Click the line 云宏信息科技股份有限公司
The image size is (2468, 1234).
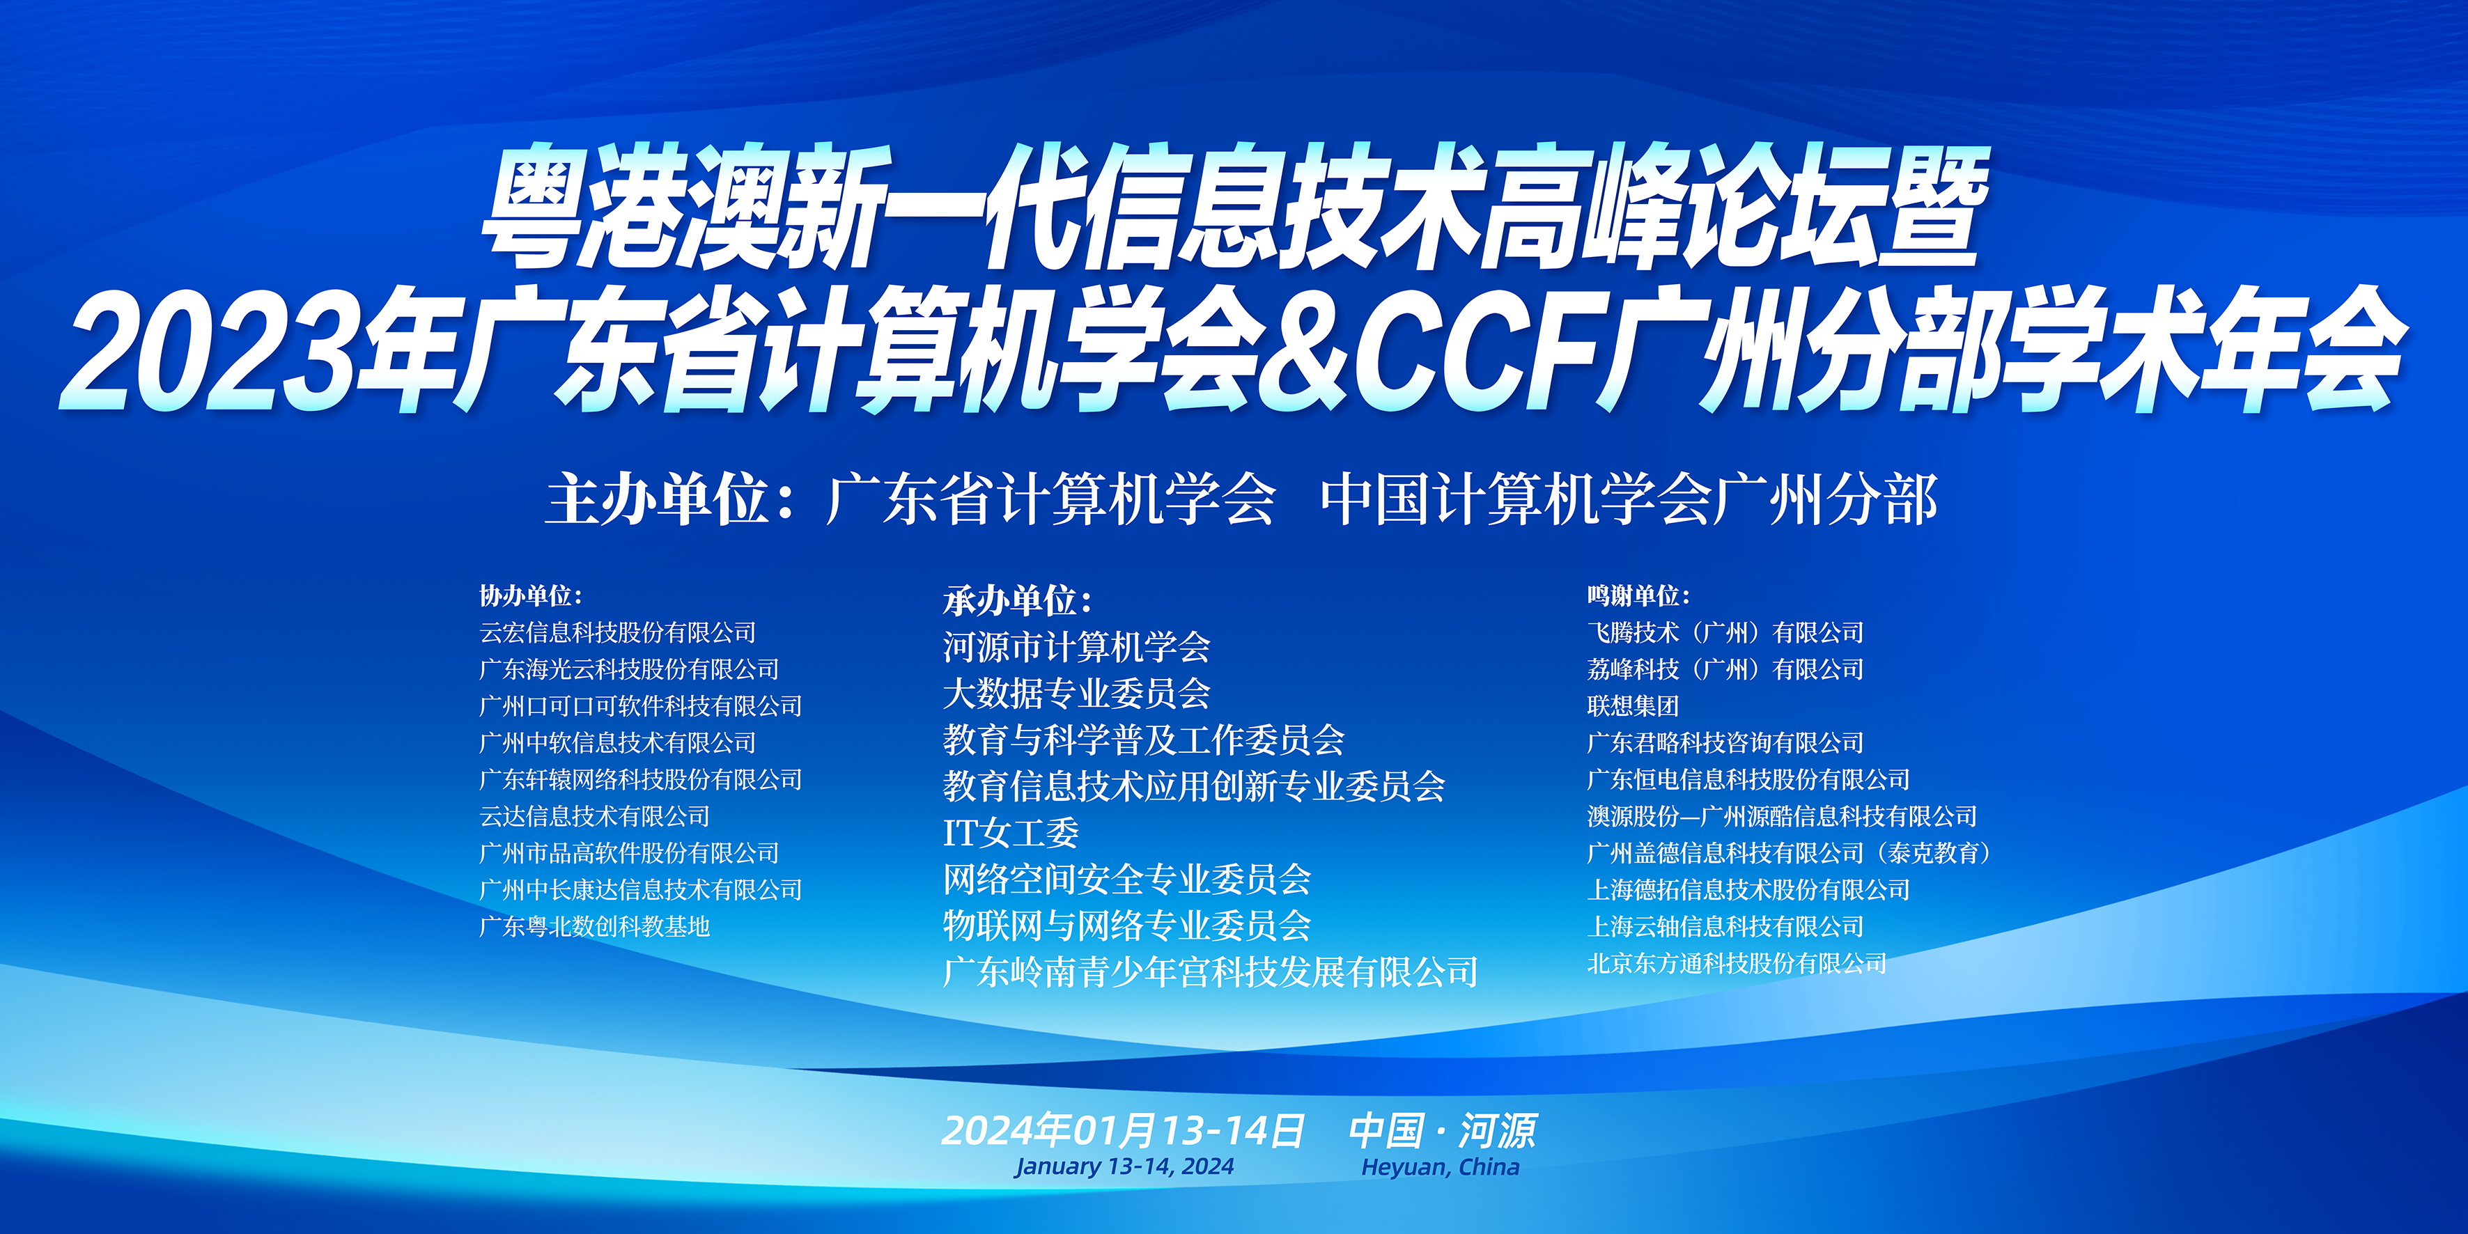pyautogui.click(x=618, y=632)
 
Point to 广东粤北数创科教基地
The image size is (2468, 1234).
pyautogui.click(x=595, y=926)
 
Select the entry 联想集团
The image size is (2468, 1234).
pyautogui.click(x=1633, y=706)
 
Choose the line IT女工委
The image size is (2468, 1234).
pyautogui.click(x=1011, y=833)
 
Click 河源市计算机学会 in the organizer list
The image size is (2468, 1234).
pyautogui.click(x=1077, y=647)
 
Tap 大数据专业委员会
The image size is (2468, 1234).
pyautogui.click(x=1077, y=693)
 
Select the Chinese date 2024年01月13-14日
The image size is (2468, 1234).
pyautogui.click(x=1123, y=1130)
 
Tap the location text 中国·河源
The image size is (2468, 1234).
pyautogui.click(x=1443, y=1130)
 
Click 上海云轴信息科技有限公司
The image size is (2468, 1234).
pyautogui.click(x=1725, y=926)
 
